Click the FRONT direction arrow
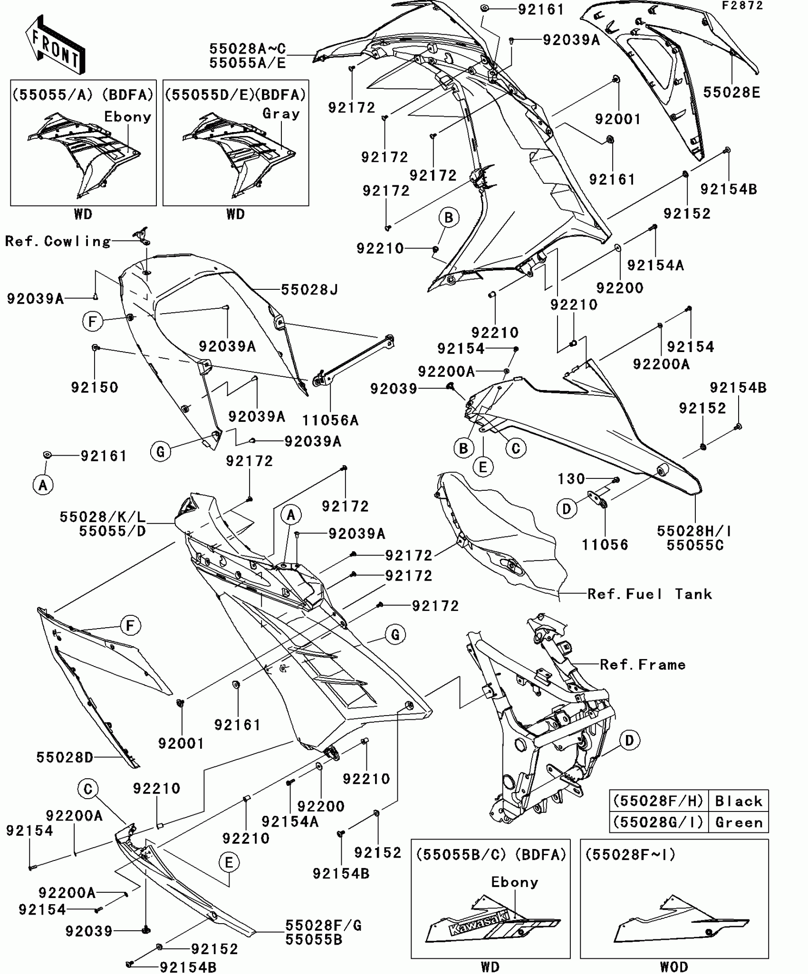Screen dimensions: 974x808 [55, 45]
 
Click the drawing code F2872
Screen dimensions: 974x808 [742, 6]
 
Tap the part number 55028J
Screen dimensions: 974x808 [309, 290]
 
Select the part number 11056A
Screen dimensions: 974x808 [331, 420]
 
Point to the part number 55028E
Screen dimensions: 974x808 [731, 92]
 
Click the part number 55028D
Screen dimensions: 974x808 [65, 757]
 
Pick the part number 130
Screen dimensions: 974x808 [571, 479]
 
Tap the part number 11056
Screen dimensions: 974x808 [605, 544]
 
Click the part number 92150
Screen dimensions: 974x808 [95, 387]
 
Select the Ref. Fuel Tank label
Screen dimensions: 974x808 [650, 594]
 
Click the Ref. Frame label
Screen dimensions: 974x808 [643, 665]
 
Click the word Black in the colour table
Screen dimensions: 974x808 [739, 802]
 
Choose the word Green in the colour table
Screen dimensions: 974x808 [739, 822]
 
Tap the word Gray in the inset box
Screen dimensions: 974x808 [281, 114]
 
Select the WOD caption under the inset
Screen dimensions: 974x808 [674, 967]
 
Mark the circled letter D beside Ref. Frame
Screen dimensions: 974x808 [629, 740]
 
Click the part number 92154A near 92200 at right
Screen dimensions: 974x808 [655, 265]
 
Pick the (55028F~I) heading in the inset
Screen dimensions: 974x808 [630, 855]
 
